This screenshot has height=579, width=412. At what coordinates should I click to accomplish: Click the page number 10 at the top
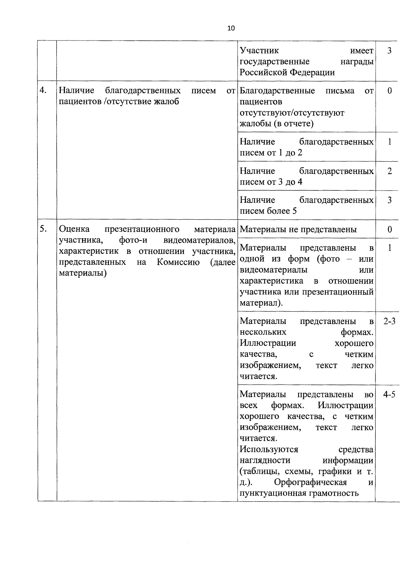231,28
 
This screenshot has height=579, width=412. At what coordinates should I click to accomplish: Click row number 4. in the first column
43,91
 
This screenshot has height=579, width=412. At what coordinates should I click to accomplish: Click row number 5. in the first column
43,229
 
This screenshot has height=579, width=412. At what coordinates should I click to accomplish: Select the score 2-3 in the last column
389,322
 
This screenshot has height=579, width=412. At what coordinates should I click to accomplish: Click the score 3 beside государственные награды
389,51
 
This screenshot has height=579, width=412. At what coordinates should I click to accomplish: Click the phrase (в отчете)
294,124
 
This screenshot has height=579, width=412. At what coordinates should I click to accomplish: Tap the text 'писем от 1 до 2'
271,153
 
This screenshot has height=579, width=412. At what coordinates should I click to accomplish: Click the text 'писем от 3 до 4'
271,182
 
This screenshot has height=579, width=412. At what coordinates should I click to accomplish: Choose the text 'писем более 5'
268,211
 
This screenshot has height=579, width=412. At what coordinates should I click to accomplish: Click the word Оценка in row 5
75,229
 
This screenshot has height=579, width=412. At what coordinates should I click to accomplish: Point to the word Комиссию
178,263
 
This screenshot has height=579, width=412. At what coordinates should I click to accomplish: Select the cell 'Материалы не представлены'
298,229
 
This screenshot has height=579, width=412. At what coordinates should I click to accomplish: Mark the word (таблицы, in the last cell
259,471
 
